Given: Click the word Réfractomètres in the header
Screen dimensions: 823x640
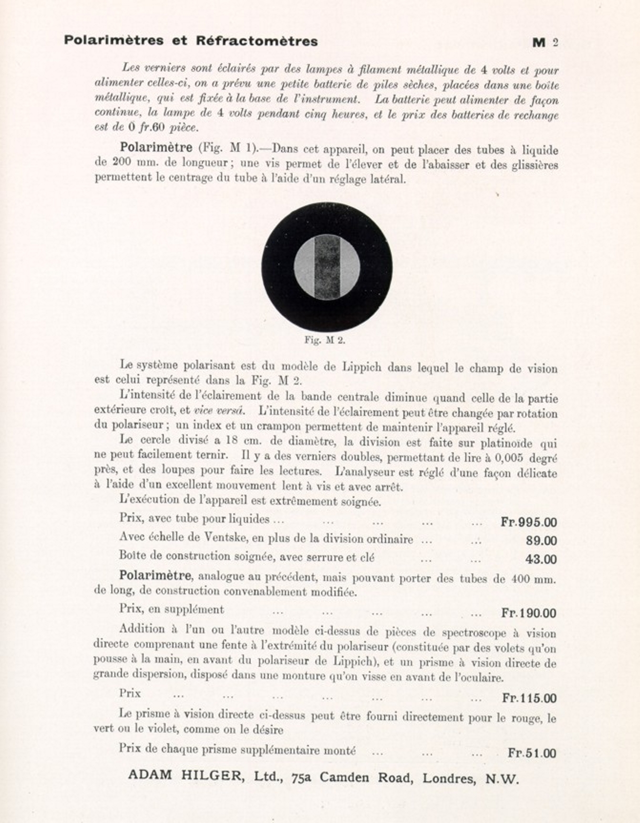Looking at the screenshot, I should (x=257, y=41).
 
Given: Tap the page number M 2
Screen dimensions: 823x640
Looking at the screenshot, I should (x=545, y=42).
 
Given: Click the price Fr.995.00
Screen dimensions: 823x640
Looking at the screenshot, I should (x=528, y=522).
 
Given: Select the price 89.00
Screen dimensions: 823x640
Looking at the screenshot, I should (x=541, y=541).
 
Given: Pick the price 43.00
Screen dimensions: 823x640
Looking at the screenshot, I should (x=541, y=559).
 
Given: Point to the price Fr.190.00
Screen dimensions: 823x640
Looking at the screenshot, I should (x=528, y=613).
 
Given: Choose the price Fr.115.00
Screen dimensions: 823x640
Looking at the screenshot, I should (x=529, y=698).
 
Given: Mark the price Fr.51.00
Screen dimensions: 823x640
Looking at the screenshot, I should (x=532, y=753).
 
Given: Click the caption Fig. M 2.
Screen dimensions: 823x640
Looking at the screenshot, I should (x=324, y=340).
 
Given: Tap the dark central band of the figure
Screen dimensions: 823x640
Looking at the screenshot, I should (x=327, y=267).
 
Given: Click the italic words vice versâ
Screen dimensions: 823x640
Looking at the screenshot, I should (x=219, y=411).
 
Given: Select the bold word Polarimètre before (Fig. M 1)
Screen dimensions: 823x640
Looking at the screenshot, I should (x=156, y=147).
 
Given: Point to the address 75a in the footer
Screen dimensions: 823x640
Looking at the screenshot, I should (x=301, y=777).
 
